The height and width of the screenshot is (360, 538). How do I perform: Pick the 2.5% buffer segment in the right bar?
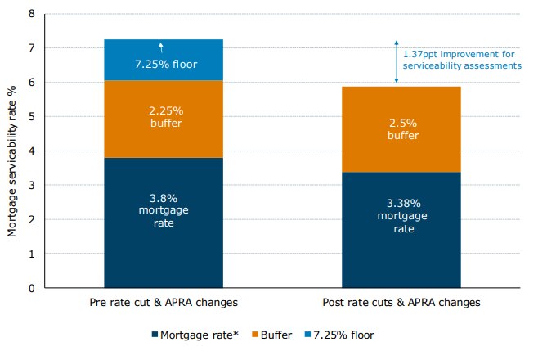point(401,128)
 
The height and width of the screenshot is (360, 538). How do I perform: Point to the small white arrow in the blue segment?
point(161,47)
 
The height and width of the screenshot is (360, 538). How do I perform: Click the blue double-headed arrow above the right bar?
point(397,61)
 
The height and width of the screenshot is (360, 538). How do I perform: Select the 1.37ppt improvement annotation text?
point(461,60)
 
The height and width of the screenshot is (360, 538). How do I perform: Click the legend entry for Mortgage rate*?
point(197,335)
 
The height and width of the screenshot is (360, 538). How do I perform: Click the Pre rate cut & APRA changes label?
point(164,303)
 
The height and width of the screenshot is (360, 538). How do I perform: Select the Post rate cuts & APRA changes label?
point(401,303)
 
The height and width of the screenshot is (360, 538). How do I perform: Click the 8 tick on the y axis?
point(31,14)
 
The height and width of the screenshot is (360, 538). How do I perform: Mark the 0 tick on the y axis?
point(31,288)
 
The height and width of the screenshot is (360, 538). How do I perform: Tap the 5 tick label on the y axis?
point(31,117)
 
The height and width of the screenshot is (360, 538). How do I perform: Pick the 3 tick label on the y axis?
point(31,186)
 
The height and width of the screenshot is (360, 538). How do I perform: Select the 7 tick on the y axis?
point(31,48)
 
